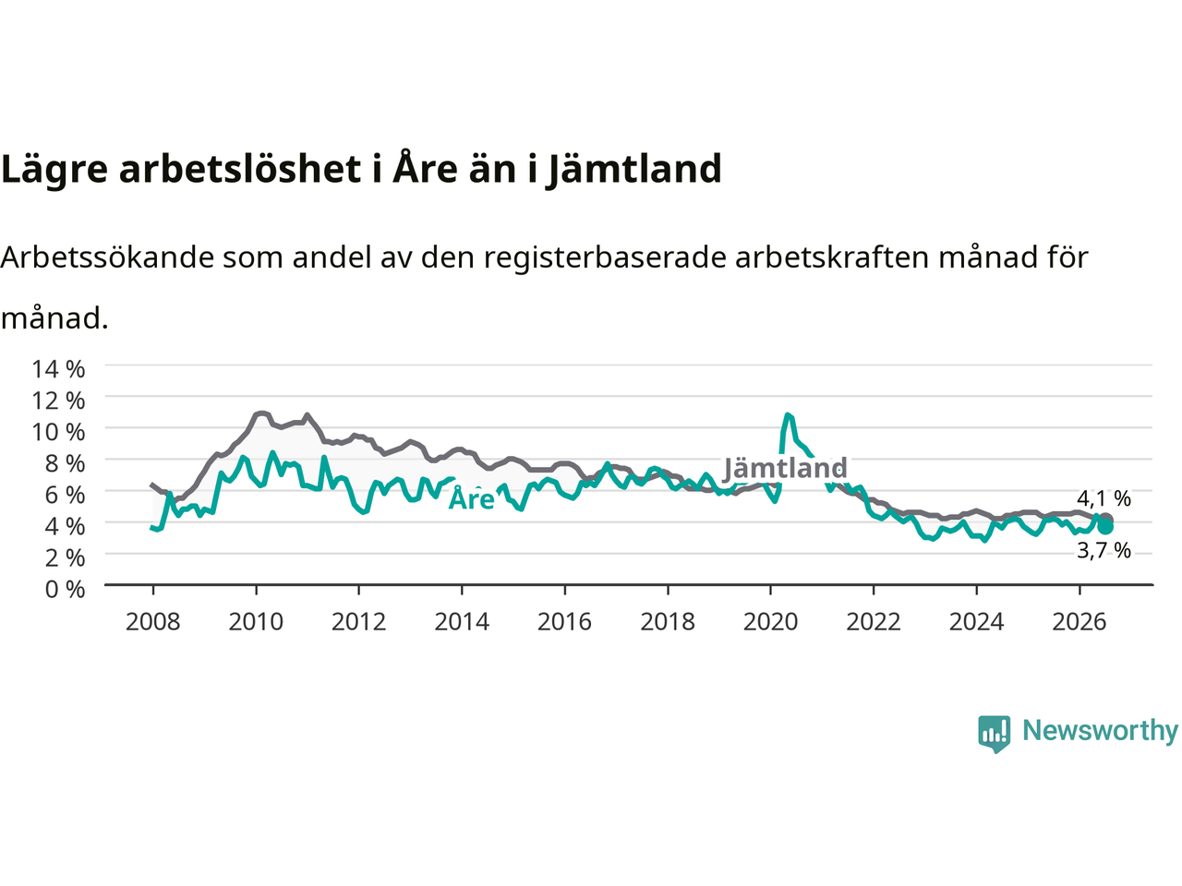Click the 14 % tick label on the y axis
[58, 369]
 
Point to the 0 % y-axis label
[65, 590]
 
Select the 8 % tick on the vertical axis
[65, 463]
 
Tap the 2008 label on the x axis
[153, 622]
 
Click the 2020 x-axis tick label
[770, 622]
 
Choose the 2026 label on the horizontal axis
[1079, 622]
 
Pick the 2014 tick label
[462, 622]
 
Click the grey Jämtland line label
[785, 468]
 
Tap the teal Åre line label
[472, 498]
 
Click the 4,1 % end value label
[1104, 498]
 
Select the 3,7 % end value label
[1104, 550]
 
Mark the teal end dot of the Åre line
[1105, 527]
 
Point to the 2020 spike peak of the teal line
[788, 414]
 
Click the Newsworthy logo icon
[994, 734]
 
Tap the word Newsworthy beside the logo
[1100, 731]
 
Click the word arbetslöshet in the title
[239, 168]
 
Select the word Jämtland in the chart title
[633, 170]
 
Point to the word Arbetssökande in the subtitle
[108, 257]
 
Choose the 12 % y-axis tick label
[58, 401]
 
